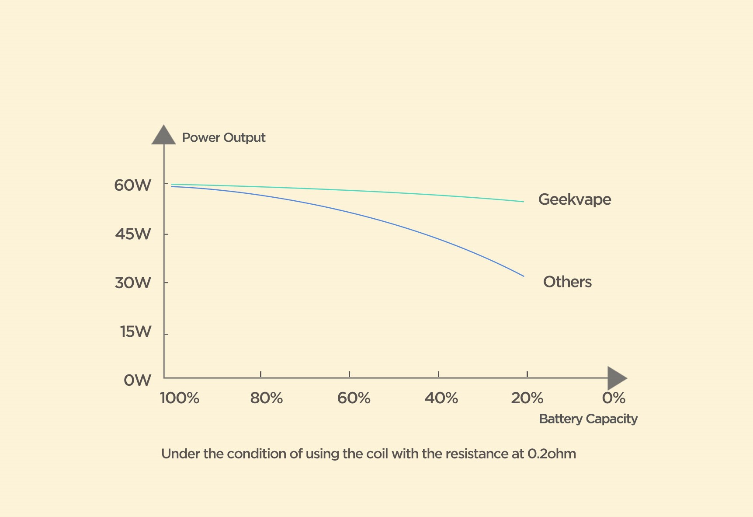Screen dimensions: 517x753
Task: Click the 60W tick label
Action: pyautogui.click(x=132, y=185)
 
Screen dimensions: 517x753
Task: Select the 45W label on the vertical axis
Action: pyautogui.click(x=133, y=234)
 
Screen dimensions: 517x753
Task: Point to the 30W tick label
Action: pyautogui.click(x=133, y=283)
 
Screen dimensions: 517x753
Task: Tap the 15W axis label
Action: pyautogui.click(x=135, y=332)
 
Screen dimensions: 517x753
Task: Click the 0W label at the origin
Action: pyautogui.click(x=137, y=381)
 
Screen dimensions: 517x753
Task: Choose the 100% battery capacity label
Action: pyautogui.click(x=180, y=398)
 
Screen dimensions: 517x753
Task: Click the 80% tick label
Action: pyautogui.click(x=266, y=398)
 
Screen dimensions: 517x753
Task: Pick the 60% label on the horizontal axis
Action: pyautogui.click(x=354, y=398)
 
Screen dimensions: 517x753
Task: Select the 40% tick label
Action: pyautogui.click(x=441, y=398)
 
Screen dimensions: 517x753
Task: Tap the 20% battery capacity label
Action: pyautogui.click(x=527, y=398)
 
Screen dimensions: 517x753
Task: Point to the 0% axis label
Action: pyautogui.click(x=614, y=398)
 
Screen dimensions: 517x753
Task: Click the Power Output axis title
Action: pyautogui.click(x=223, y=138)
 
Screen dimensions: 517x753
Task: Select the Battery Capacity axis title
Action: pyautogui.click(x=588, y=419)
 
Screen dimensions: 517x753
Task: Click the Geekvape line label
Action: pyautogui.click(x=574, y=199)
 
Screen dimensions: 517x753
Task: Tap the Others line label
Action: pyautogui.click(x=567, y=282)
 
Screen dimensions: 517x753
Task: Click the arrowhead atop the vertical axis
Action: pyautogui.click(x=163, y=135)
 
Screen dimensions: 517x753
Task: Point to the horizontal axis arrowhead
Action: pyautogui.click(x=617, y=378)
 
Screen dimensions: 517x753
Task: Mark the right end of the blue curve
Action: pyautogui.click(x=524, y=276)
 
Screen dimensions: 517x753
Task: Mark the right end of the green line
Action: pyautogui.click(x=524, y=202)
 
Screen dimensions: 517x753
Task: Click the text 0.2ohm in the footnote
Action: pyautogui.click(x=552, y=454)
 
